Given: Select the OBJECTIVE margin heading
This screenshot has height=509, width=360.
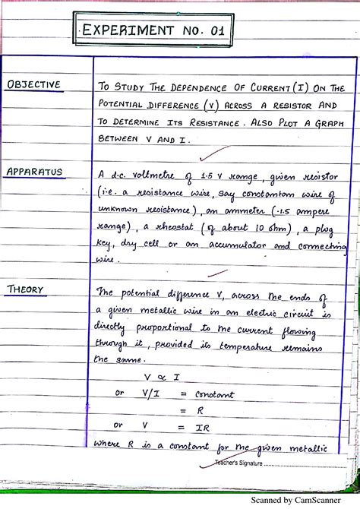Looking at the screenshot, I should (x=33, y=84).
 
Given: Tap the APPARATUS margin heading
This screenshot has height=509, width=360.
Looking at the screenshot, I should (x=34, y=171).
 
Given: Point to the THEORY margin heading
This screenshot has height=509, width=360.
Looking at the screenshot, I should (x=25, y=289).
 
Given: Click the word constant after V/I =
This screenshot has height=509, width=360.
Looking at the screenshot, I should (x=215, y=394).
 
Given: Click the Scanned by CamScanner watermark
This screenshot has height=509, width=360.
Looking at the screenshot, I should (x=303, y=500).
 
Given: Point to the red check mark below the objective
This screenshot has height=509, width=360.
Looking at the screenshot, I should (x=201, y=157).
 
